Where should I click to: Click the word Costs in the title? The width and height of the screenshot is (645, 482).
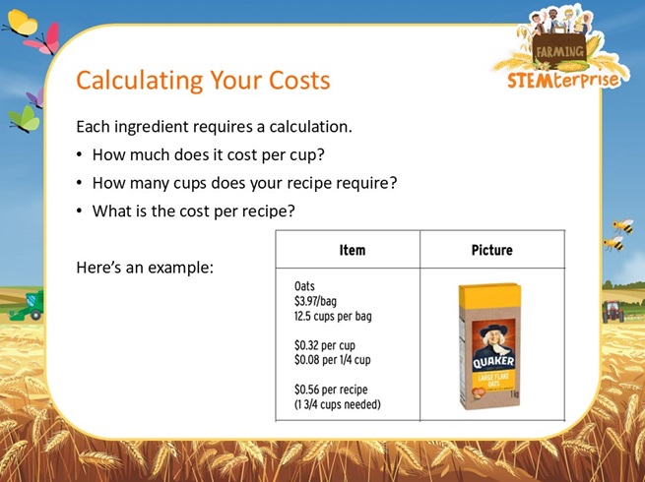coord(300,80)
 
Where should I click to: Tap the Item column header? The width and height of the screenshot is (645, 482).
coord(353,250)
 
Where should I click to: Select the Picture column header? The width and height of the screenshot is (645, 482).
coord(492,250)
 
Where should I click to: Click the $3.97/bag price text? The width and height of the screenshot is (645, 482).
coord(315,301)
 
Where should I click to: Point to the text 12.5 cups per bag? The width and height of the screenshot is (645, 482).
coord(333,316)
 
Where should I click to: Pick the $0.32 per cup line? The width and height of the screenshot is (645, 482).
coord(325,345)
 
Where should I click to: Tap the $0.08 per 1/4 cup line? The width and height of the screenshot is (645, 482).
coord(333,360)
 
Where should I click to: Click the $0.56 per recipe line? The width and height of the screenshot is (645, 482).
coord(331,390)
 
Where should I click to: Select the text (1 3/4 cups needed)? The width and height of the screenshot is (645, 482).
coord(338,404)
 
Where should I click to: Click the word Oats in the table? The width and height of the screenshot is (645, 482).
coord(304,286)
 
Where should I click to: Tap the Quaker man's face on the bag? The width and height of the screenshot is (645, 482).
coord(492,338)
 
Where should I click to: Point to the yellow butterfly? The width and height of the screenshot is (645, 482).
coord(20,23)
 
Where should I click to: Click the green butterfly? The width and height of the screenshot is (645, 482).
coord(24,120)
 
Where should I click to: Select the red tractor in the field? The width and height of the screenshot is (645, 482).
coord(613,312)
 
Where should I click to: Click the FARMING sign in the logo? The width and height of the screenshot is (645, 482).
coord(559,51)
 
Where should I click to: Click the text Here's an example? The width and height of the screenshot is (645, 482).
coord(145,268)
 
